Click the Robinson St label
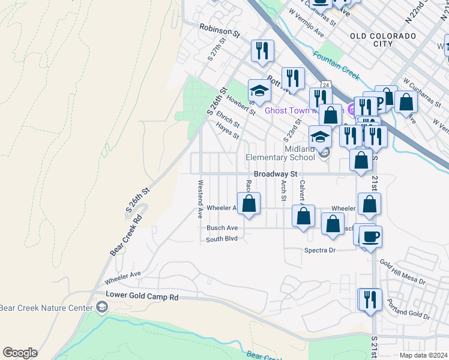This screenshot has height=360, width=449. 220,28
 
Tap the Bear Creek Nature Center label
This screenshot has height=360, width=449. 45,308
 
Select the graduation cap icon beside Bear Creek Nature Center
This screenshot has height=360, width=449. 101,308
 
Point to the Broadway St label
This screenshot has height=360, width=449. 276,173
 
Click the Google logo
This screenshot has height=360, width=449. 20,353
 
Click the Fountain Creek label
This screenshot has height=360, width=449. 336,65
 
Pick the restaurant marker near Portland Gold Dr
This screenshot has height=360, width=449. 370,299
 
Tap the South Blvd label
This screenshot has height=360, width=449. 222,239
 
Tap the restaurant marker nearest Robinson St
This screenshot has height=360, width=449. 262,50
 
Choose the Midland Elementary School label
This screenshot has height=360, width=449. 281,154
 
